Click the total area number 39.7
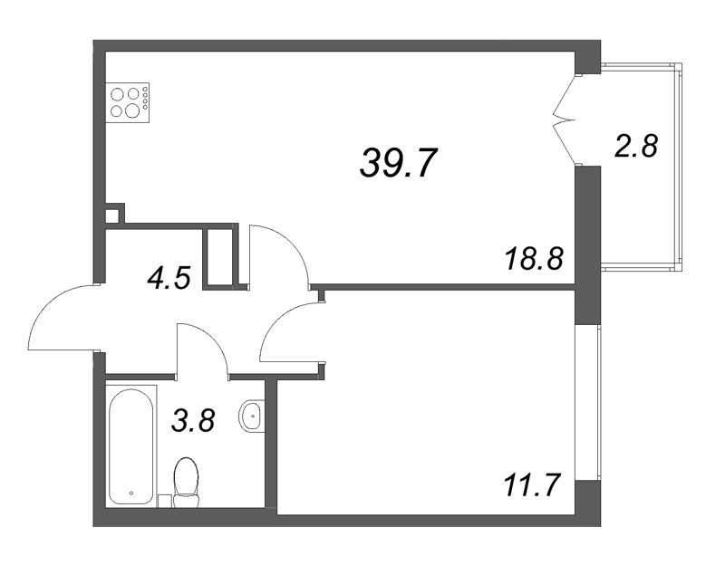[398, 163]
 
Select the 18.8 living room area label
[535, 258]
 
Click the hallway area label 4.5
[169, 278]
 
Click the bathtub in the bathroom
[130, 446]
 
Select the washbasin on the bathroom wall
[252, 416]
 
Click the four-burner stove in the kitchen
[128, 102]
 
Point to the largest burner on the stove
[132, 110]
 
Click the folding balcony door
[565, 120]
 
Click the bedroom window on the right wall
[599, 402]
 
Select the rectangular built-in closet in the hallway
[220, 257]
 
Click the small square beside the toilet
[165, 502]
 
